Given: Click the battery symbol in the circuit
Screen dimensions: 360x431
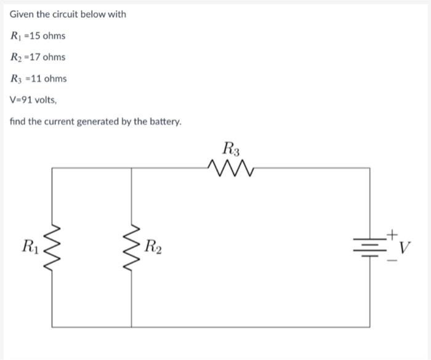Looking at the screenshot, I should [x=370, y=247].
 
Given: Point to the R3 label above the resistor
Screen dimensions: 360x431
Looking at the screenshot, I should [x=232, y=148].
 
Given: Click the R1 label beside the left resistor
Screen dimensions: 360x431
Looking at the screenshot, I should [x=30, y=247].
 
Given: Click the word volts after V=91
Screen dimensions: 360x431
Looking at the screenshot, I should [x=48, y=100].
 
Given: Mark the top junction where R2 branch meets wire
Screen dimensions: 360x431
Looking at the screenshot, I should [x=132, y=167].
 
